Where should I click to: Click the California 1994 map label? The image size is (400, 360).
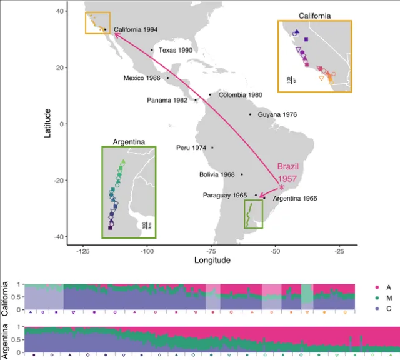[x=136, y=29]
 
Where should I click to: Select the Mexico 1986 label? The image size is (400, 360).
[x=142, y=78]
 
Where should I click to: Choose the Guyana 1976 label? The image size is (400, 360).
[x=276, y=115]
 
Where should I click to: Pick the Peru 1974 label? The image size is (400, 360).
[x=191, y=148]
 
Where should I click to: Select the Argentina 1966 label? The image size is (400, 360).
[x=295, y=199]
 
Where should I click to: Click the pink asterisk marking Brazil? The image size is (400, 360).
[x=281, y=187]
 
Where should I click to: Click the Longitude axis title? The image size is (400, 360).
[x=212, y=260]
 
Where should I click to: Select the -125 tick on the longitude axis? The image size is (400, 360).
[x=82, y=251]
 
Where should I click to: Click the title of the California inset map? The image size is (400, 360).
[x=314, y=15]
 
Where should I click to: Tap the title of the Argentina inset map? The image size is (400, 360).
[x=128, y=142]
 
